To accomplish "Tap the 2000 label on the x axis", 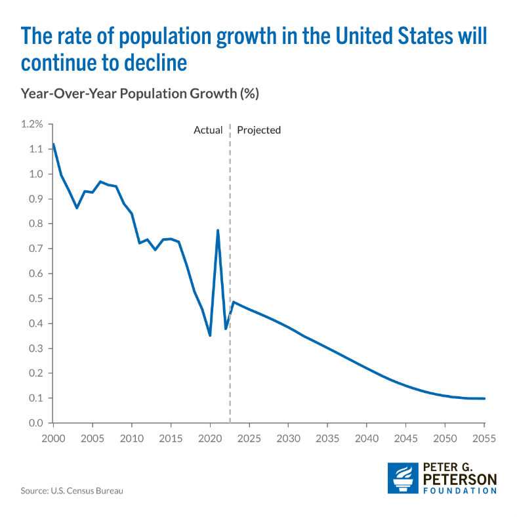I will click(x=53, y=438).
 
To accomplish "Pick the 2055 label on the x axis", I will click(x=484, y=438).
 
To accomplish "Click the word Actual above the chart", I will click(x=208, y=130).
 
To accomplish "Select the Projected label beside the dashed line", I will click(x=258, y=130).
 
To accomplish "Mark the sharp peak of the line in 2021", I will click(x=218, y=230).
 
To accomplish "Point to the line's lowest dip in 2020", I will click(x=210, y=335).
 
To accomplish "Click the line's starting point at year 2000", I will click(x=53, y=144).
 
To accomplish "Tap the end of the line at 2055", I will click(x=484, y=398).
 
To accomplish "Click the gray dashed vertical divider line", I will click(x=230, y=276).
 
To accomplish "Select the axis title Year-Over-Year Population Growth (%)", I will click(x=140, y=94).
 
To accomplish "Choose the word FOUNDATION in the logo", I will click(x=459, y=490).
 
